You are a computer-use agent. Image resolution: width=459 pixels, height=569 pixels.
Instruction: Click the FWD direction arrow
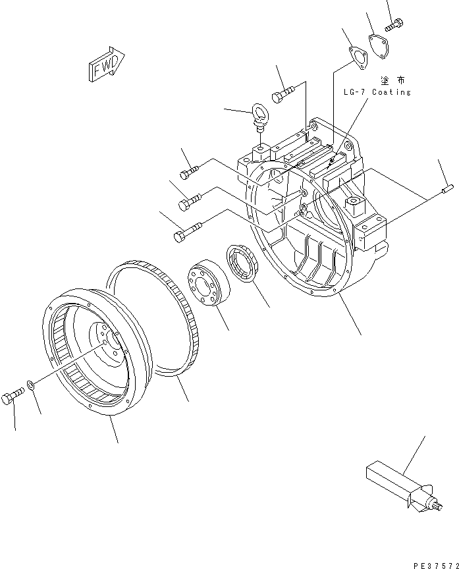[103, 65]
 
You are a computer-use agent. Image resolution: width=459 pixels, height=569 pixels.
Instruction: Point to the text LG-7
[354, 92]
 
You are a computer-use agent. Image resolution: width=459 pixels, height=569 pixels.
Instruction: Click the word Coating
[392, 92]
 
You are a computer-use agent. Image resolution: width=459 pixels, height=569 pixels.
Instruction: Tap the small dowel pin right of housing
[447, 191]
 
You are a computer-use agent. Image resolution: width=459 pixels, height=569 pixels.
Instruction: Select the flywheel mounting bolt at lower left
[13, 397]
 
